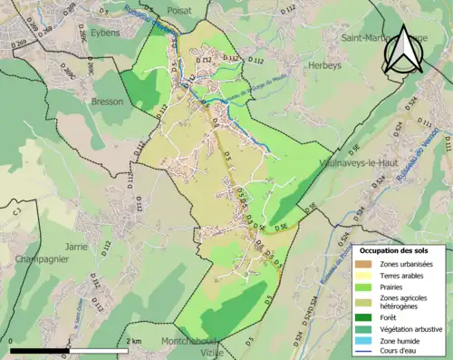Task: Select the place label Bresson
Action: pos(107,102)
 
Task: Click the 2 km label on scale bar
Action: pos(133,340)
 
